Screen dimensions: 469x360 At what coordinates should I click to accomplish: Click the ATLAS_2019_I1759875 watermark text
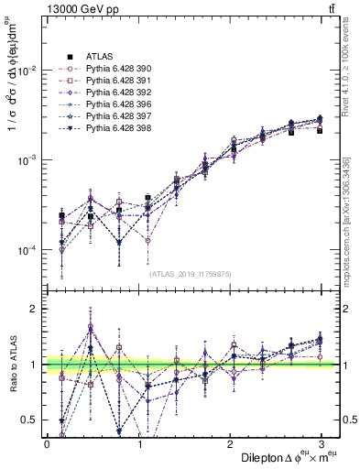coord(189,272)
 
